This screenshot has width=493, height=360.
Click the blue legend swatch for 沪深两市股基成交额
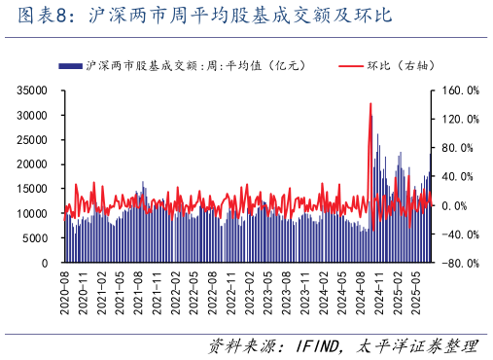70,65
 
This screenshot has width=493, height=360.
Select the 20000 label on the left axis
35,163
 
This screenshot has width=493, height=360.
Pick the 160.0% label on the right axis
460,90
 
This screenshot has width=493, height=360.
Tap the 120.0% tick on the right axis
460,119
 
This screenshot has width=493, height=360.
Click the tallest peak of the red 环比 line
370,103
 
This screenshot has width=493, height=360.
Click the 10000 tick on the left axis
35,213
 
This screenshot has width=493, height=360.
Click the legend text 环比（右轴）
401,65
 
